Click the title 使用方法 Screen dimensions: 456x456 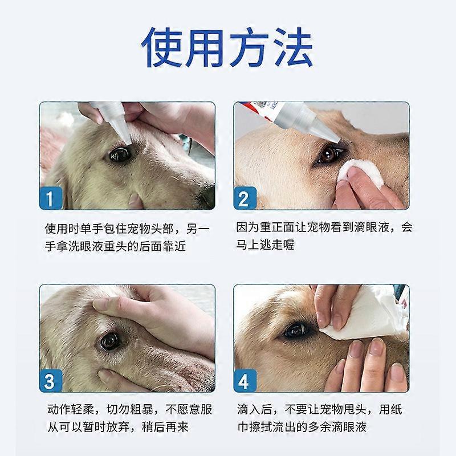227,47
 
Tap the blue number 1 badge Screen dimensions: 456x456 51,198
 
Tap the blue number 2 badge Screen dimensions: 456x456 245,198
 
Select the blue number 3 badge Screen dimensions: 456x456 51,381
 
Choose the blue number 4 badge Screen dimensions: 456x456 245,381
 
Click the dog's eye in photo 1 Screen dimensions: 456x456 120,154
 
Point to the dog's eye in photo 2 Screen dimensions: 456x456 327,154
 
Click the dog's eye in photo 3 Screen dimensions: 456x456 110,341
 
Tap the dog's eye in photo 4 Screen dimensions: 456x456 295,330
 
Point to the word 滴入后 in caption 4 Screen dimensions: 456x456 254,409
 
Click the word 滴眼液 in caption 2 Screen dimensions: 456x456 372,227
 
